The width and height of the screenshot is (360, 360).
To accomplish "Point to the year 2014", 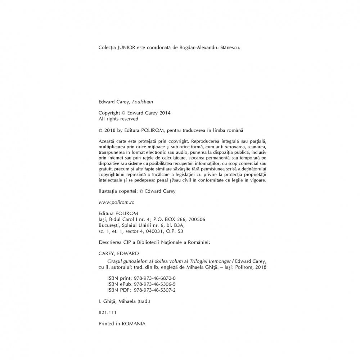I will [x=165, y=113].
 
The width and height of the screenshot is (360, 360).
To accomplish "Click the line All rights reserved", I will [x=118, y=118].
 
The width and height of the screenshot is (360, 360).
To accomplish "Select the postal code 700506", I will [x=197, y=219].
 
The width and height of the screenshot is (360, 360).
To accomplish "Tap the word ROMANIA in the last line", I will [x=134, y=324].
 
